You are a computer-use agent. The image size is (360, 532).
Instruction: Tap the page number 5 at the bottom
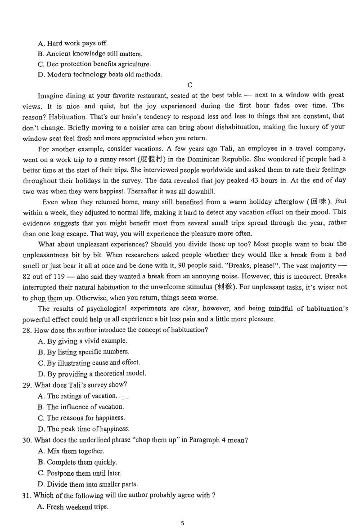pos(182,523)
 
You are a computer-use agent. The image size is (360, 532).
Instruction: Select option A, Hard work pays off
pos(73,44)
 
